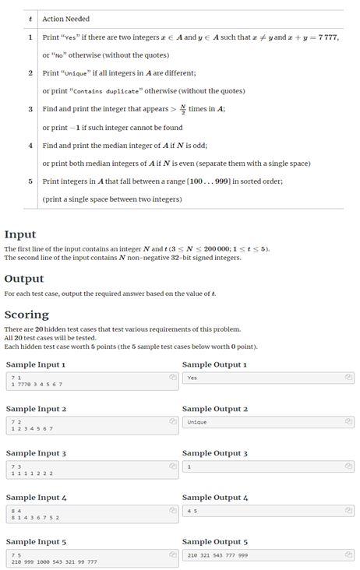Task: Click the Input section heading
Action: click(19, 234)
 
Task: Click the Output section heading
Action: click(24, 279)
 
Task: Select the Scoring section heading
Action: click(26, 315)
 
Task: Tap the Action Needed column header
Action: click(66, 19)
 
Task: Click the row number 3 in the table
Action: click(30, 109)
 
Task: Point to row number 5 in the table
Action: click(30, 181)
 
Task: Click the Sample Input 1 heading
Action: click(36, 364)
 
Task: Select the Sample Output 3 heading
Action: click(214, 453)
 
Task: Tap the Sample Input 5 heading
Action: click(36, 541)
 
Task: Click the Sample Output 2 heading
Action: click(214, 409)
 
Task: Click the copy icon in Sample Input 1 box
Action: click(172, 377)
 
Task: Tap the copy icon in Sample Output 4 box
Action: click(349, 510)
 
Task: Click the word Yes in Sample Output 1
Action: click(192, 378)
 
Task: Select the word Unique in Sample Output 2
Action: click(196, 422)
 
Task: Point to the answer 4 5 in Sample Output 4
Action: click(192, 511)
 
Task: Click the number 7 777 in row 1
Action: click(323, 37)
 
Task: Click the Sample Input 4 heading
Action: click(36, 498)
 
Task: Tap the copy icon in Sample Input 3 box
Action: click(172, 466)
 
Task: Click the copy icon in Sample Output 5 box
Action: click(349, 554)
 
